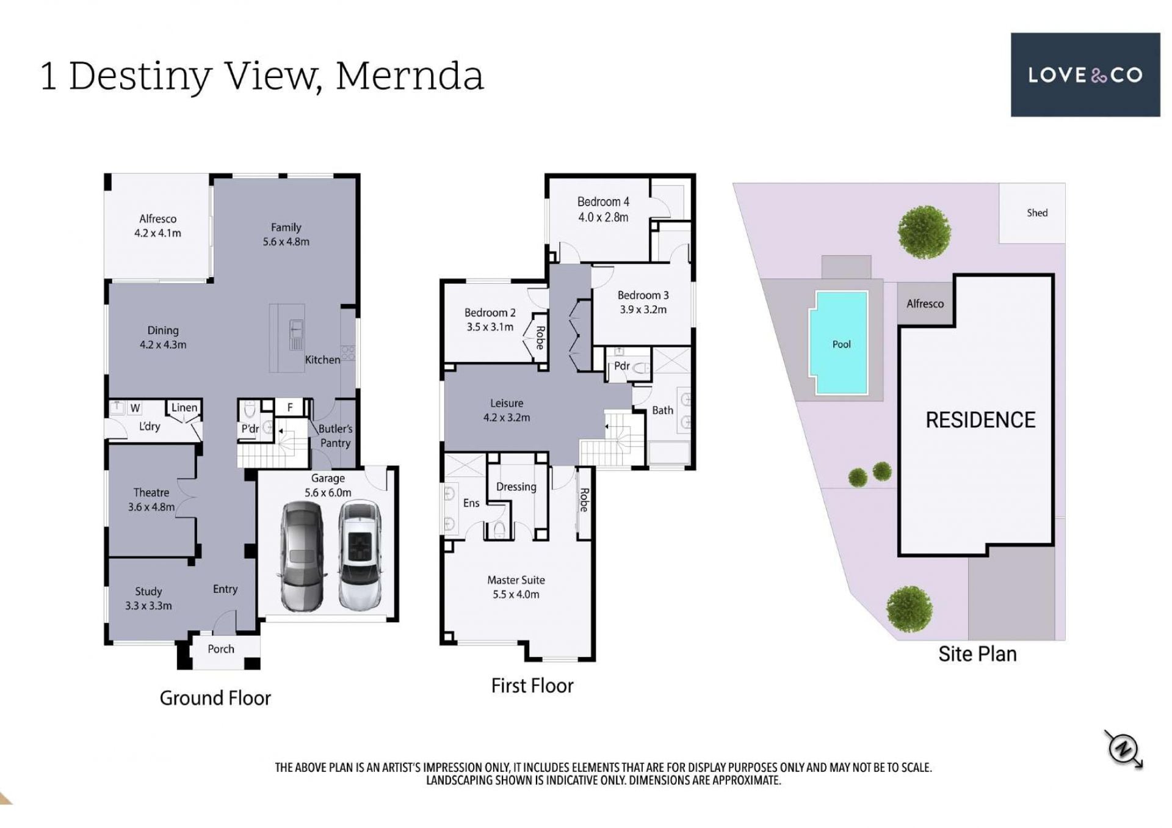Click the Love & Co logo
[x=1085, y=74]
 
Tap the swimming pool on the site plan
[x=841, y=343]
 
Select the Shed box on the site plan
[x=1032, y=213]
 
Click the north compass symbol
[x=1124, y=749]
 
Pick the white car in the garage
[x=360, y=556]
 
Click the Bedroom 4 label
[x=603, y=202]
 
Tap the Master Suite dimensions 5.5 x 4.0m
[x=516, y=594]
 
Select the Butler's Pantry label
[x=335, y=436]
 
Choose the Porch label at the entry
[x=221, y=648]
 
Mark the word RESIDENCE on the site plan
[x=980, y=420]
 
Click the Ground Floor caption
[x=215, y=698]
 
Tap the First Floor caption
[x=532, y=686]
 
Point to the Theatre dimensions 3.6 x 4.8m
[x=151, y=507]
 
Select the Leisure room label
[x=507, y=403]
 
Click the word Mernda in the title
[x=410, y=76]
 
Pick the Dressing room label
[x=516, y=487]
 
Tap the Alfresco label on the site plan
[x=925, y=303]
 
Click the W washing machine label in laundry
[x=135, y=408]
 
